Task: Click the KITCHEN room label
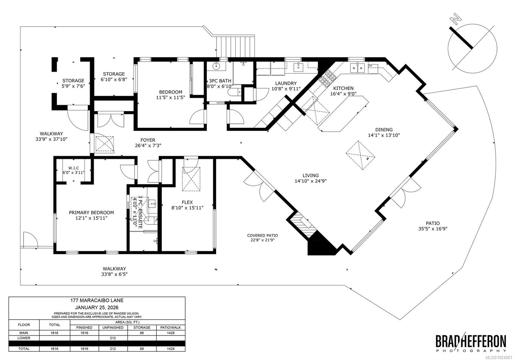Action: (343, 88)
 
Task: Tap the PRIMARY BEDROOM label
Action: (91, 213)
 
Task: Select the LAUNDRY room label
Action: (286, 83)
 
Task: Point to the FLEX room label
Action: (187, 202)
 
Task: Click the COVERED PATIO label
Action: (262, 235)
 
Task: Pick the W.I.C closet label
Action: (74, 168)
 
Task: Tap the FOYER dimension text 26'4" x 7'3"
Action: (148, 145)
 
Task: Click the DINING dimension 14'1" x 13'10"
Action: (384, 135)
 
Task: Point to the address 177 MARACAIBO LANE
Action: (97, 300)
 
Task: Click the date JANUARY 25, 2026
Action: (97, 307)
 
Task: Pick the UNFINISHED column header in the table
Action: (113, 328)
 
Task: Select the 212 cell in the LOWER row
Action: (113, 338)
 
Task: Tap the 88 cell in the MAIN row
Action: (142, 333)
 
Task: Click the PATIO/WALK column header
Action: (171, 328)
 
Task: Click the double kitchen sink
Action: (357, 68)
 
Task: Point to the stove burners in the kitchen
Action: (328, 78)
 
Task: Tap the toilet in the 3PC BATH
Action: (234, 92)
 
